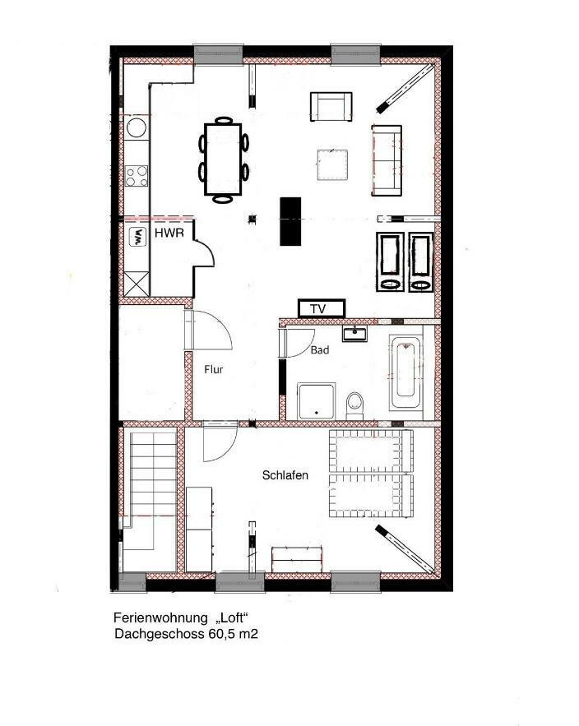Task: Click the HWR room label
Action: (x=169, y=233)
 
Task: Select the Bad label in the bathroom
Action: (x=320, y=350)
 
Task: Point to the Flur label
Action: (x=214, y=369)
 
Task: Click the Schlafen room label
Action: (x=285, y=475)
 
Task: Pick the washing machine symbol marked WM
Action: (x=137, y=237)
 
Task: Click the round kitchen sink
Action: (x=137, y=127)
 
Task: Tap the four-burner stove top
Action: (x=137, y=176)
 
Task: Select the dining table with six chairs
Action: (x=224, y=160)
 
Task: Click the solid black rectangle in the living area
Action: (x=290, y=221)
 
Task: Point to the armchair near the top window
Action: (x=331, y=107)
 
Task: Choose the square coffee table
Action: (x=332, y=164)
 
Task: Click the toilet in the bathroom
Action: (x=355, y=405)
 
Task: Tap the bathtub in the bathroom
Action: (x=405, y=372)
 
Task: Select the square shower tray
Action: (x=316, y=401)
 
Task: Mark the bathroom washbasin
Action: (x=354, y=333)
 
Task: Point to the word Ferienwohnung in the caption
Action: (x=160, y=617)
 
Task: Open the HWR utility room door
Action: (x=203, y=252)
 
